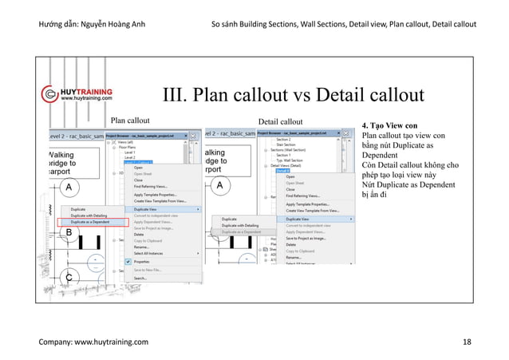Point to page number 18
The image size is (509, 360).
click(467, 342)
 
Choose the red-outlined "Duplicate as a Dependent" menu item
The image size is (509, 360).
click(91, 221)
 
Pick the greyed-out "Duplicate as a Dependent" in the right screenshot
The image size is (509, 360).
click(241, 231)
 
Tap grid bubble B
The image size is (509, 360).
click(69, 232)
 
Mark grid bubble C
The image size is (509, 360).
click(69, 276)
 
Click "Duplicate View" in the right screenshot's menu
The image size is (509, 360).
click(300, 218)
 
